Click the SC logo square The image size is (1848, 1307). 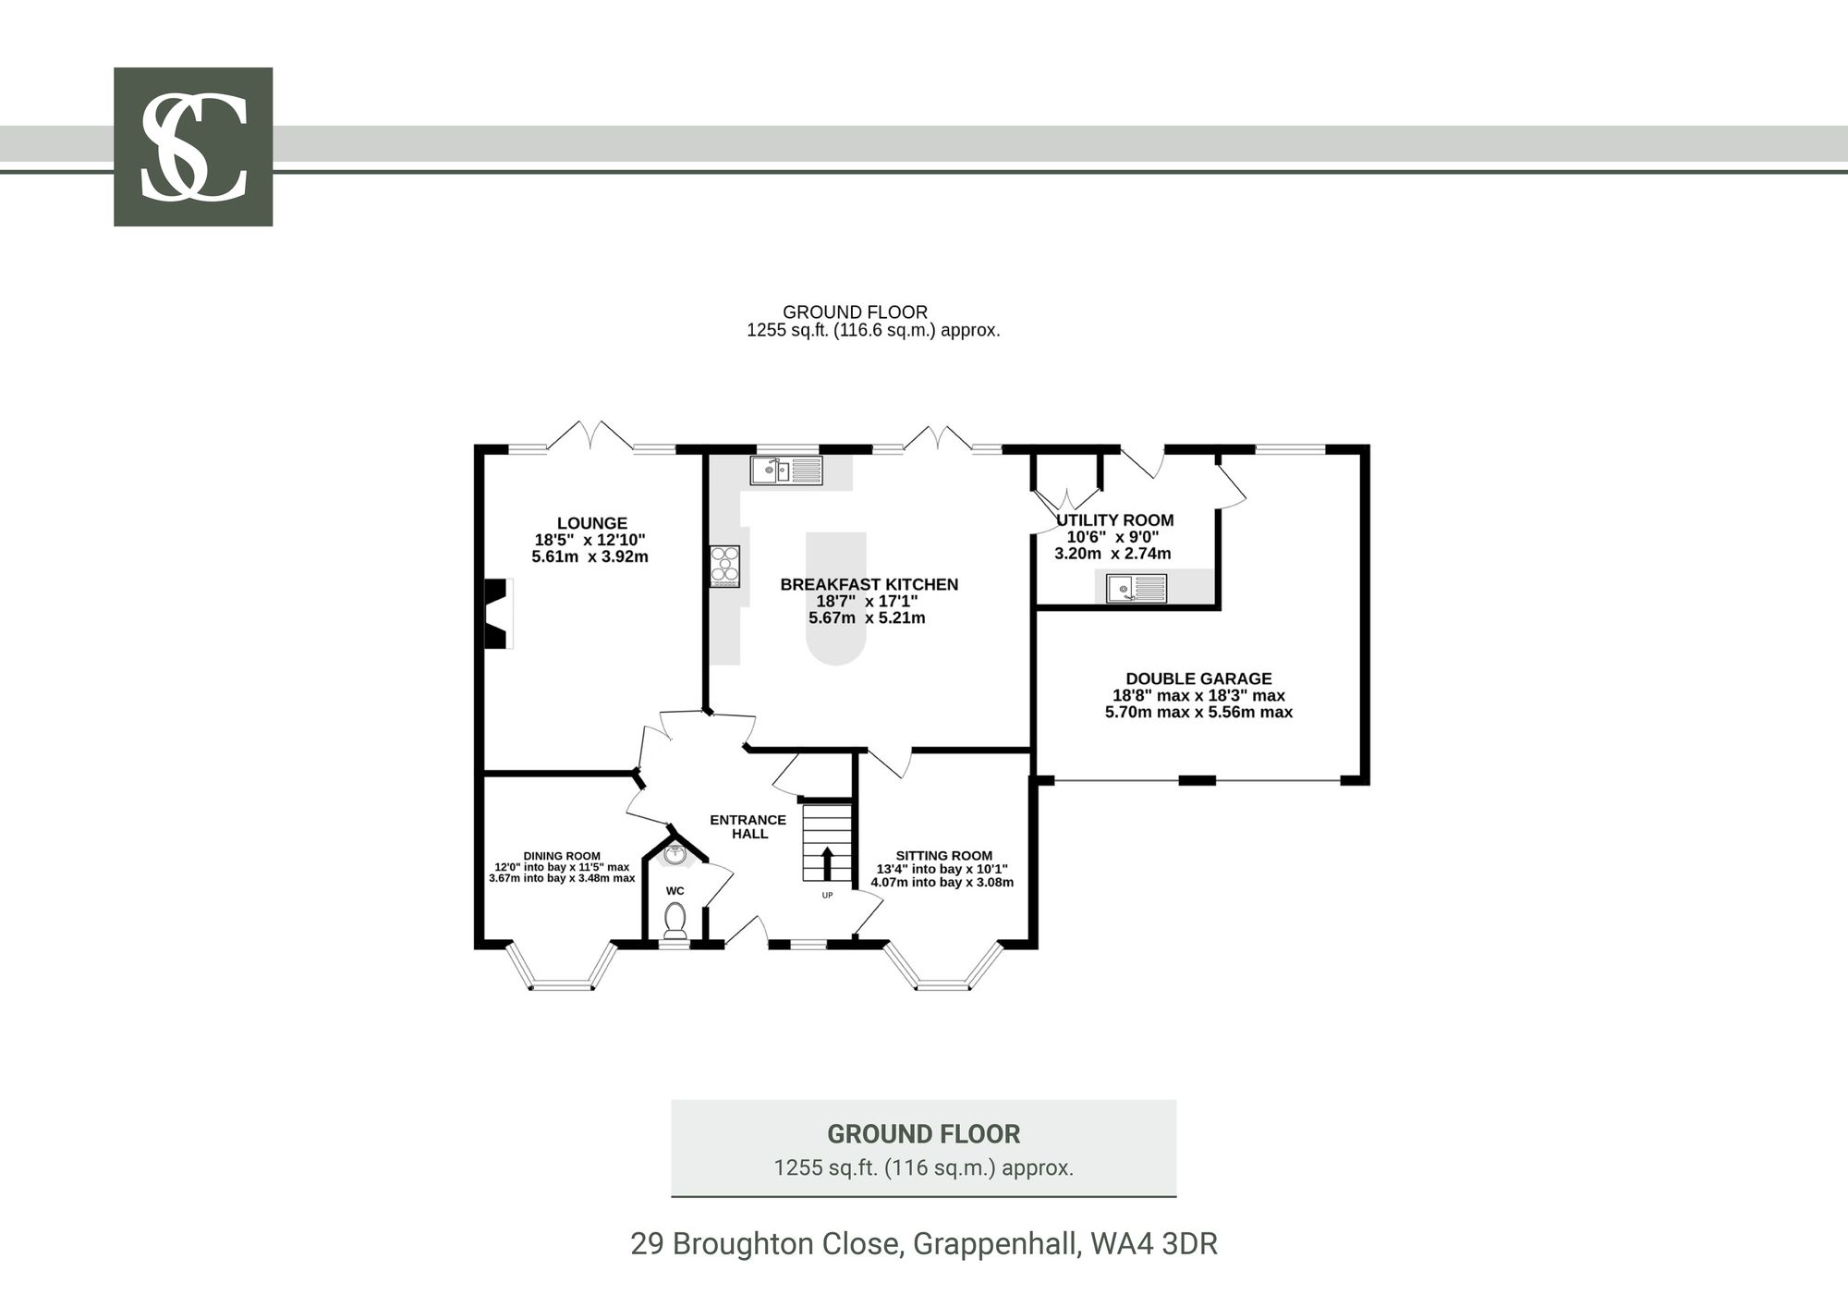[x=193, y=146]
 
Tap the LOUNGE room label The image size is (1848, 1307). [x=592, y=523]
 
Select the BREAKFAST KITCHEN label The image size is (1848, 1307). [x=869, y=584]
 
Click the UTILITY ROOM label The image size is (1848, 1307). [x=1115, y=520]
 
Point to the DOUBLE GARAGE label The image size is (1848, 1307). [x=1198, y=678]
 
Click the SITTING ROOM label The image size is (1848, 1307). [x=943, y=856]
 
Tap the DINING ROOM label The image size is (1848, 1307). [x=562, y=856]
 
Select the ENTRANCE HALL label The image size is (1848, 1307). [x=748, y=826]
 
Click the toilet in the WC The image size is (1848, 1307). [x=675, y=921]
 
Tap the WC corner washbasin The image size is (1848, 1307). [x=675, y=853]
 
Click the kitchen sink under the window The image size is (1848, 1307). [x=786, y=470]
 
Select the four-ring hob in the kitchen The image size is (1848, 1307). [x=724, y=567]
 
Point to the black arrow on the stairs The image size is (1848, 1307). [x=827, y=863]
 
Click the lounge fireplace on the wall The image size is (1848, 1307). [x=498, y=613]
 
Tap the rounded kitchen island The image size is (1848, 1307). [x=836, y=598]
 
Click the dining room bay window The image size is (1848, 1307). [x=562, y=967]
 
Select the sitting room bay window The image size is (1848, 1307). [x=943, y=967]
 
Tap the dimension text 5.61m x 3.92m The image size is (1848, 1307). [x=590, y=556]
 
